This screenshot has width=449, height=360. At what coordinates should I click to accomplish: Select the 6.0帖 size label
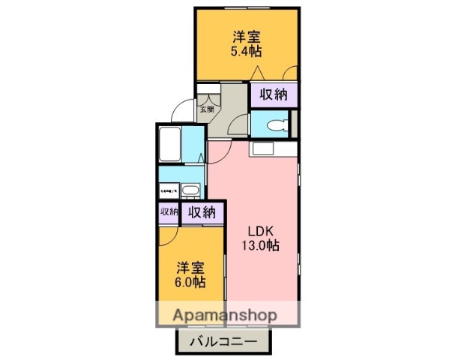pos(191,283)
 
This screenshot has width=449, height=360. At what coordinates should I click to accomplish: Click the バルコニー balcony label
pos(223,342)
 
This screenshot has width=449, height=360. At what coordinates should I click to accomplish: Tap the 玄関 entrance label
pos(206,109)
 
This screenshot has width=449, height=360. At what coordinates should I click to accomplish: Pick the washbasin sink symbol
pos(190,190)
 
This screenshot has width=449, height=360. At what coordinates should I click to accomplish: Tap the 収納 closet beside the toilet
pos(274,94)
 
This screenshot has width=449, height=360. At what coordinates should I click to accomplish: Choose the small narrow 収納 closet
pos(168,212)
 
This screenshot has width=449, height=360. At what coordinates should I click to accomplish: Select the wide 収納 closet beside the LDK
pos(202,212)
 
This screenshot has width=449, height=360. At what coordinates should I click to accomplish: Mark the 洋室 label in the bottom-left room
pos(191,268)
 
